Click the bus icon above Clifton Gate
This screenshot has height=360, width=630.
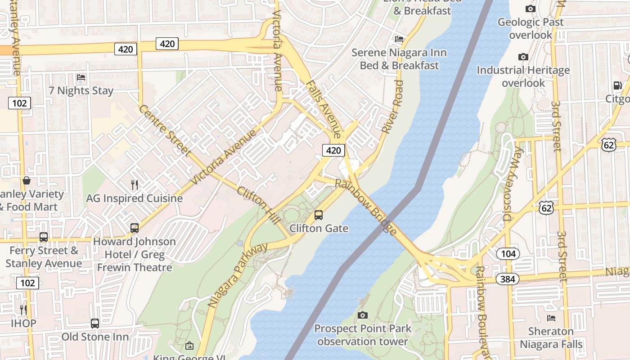(319, 215)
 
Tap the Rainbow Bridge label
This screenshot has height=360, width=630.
(366, 207)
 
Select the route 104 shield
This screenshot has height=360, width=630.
(508, 253)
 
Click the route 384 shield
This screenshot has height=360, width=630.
(508, 279)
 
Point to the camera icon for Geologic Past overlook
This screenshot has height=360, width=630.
(530, 9)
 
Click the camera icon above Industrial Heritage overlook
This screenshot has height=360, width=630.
(523, 57)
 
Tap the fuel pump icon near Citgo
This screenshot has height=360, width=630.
(617, 85)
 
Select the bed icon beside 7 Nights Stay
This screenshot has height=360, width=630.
(81, 77)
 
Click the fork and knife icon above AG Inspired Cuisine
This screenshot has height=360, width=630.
(134, 184)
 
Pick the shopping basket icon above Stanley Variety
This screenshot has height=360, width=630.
(27, 181)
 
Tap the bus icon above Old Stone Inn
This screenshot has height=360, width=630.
(94, 323)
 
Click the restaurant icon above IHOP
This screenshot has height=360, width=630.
(23, 310)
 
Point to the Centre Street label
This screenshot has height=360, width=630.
(164, 130)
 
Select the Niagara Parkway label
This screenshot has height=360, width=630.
(238, 275)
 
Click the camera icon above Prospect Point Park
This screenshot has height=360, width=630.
(363, 315)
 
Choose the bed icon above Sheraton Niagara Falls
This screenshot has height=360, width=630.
(551, 318)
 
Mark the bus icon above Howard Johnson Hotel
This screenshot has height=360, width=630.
(134, 228)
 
